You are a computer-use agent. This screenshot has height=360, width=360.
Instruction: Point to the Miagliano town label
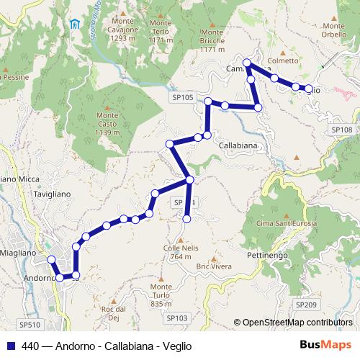17,253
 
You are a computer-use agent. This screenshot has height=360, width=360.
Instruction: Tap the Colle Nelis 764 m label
181,252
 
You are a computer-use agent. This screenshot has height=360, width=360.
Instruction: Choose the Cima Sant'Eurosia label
286,225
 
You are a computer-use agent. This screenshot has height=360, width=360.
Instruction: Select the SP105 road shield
183,97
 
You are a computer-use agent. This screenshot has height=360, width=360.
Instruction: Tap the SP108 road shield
341,129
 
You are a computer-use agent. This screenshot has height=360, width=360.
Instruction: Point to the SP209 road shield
305,305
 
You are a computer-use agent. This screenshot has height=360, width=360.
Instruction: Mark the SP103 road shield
176,318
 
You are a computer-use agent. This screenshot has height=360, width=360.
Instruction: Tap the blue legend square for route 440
10,346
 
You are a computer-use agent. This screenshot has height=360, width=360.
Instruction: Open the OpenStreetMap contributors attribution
297,323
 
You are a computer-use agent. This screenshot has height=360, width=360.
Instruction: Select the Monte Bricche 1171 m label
213,41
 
